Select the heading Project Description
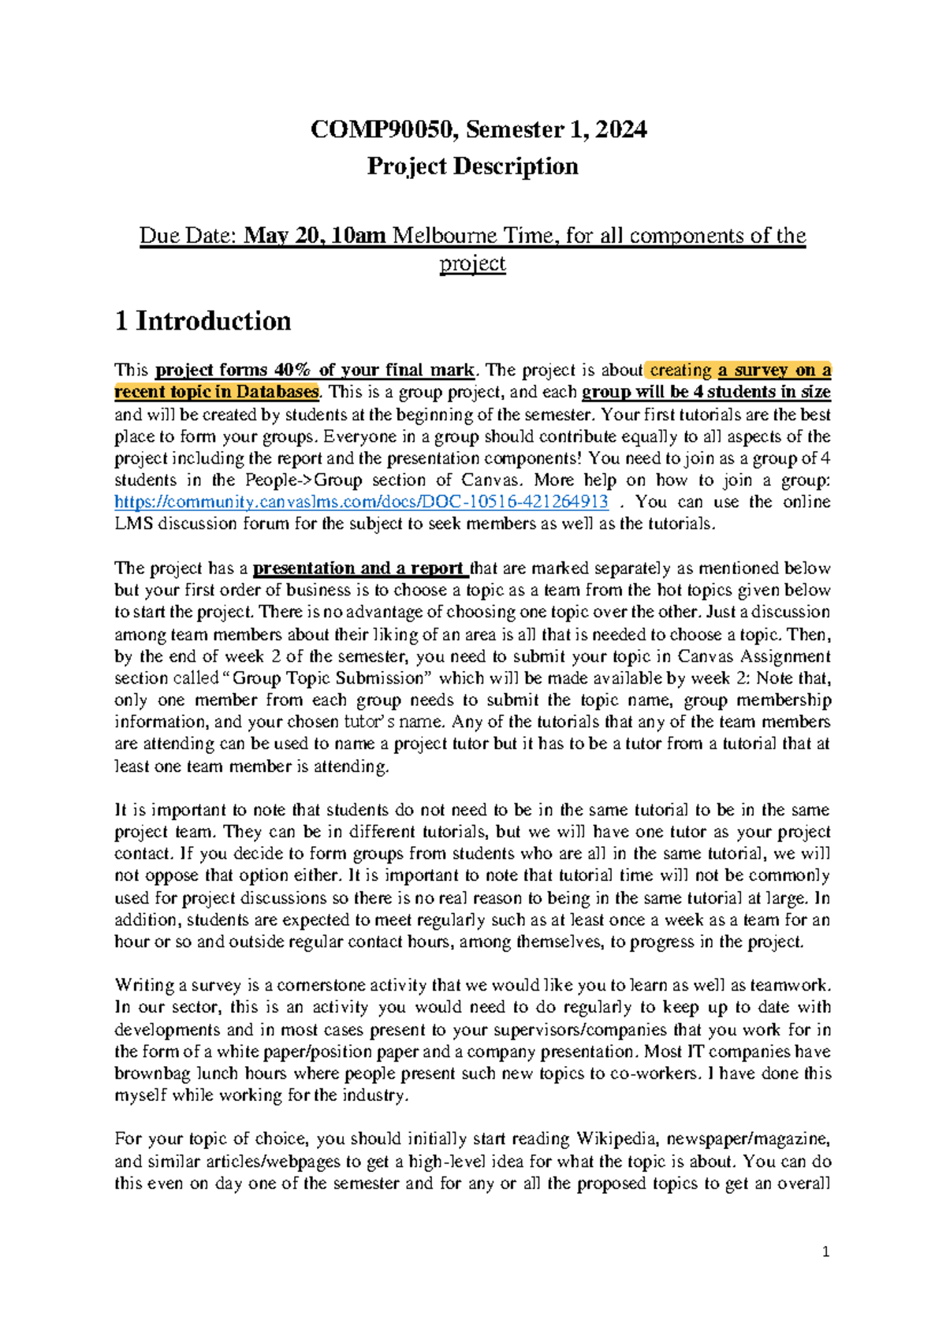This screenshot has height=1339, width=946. pos(472,166)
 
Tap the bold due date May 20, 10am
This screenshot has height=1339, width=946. pos(315,236)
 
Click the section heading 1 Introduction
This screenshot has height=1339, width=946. pos(203,321)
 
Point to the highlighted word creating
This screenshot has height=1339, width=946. pos(680,370)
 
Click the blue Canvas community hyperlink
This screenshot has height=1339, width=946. pos(361,502)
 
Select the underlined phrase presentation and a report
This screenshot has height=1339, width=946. pos(359,569)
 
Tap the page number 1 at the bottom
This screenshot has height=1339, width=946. pos(825,1252)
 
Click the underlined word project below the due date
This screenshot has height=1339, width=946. pos(472,263)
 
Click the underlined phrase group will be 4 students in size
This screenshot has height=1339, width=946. pos(706,392)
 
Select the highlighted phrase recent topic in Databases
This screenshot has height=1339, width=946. pos(216,392)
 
